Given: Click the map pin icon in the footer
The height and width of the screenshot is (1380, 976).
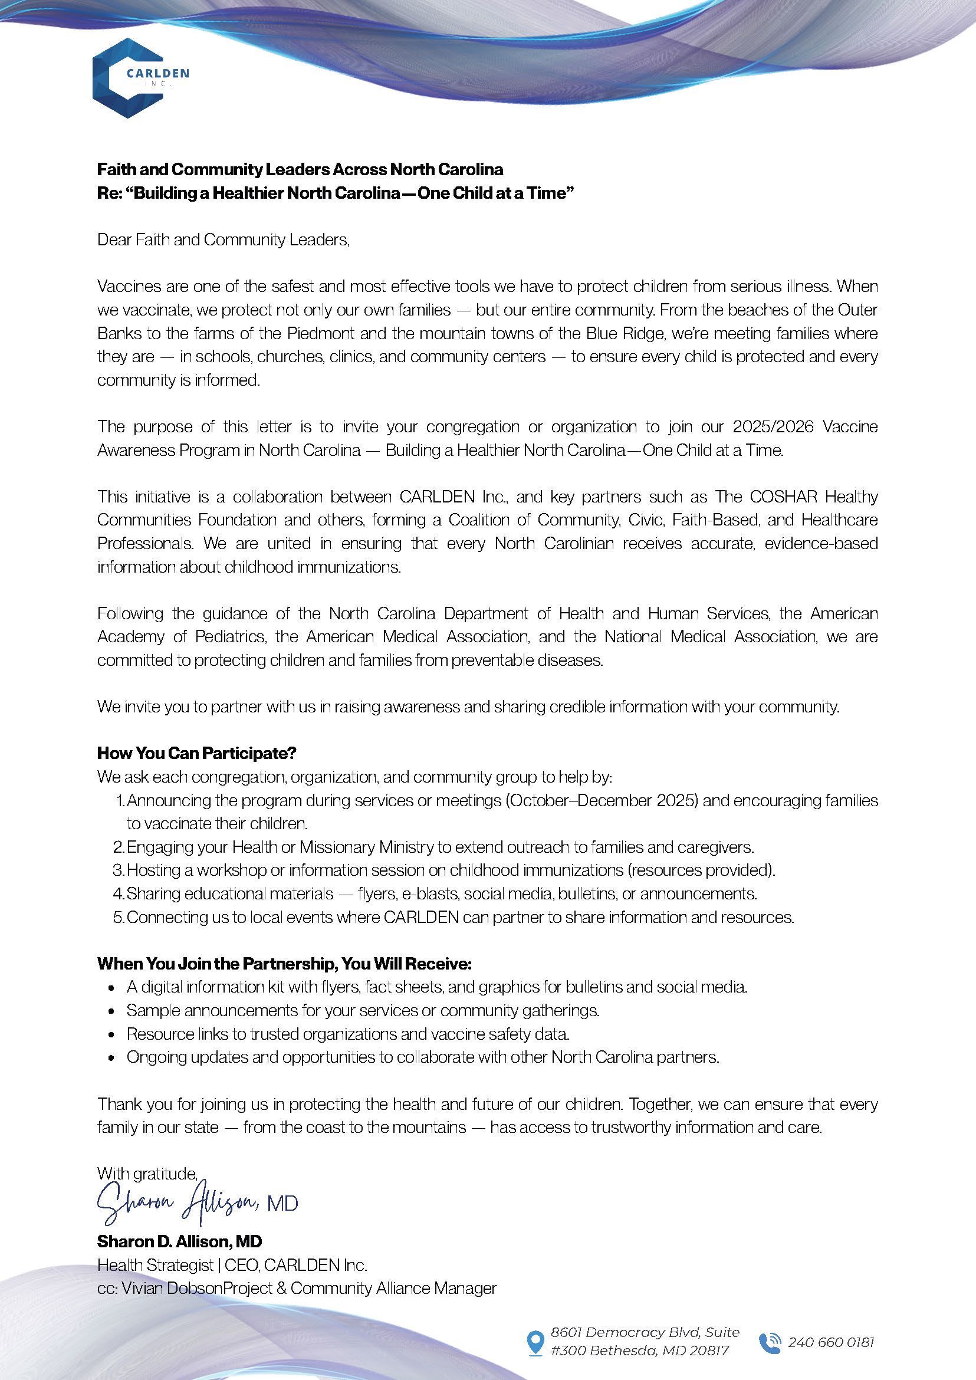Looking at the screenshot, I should click(534, 1343).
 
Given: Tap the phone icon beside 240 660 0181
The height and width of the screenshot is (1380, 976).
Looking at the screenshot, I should click(770, 1343).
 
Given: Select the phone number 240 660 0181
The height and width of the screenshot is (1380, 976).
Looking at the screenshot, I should click(830, 1343).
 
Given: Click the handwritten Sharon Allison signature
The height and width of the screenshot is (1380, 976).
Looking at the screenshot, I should click(180, 1202).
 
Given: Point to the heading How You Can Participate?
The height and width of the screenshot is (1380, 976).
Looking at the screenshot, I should click(197, 753).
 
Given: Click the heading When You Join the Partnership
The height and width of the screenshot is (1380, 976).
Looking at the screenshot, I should click(284, 964).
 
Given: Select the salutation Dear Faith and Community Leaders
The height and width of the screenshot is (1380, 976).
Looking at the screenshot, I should click(223, 240).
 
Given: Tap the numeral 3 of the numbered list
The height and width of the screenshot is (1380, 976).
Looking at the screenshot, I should click(118, 870).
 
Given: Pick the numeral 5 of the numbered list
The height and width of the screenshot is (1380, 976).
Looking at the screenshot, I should click(118, 917).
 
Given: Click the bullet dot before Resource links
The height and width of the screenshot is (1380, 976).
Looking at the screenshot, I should click(111, 1035).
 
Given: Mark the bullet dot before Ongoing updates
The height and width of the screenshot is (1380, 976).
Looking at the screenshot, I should click(111, 1058).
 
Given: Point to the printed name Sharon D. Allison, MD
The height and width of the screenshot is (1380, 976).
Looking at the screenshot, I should click(180, 1241).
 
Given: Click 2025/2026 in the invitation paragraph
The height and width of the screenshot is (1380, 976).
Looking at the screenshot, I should click(773, 428).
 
